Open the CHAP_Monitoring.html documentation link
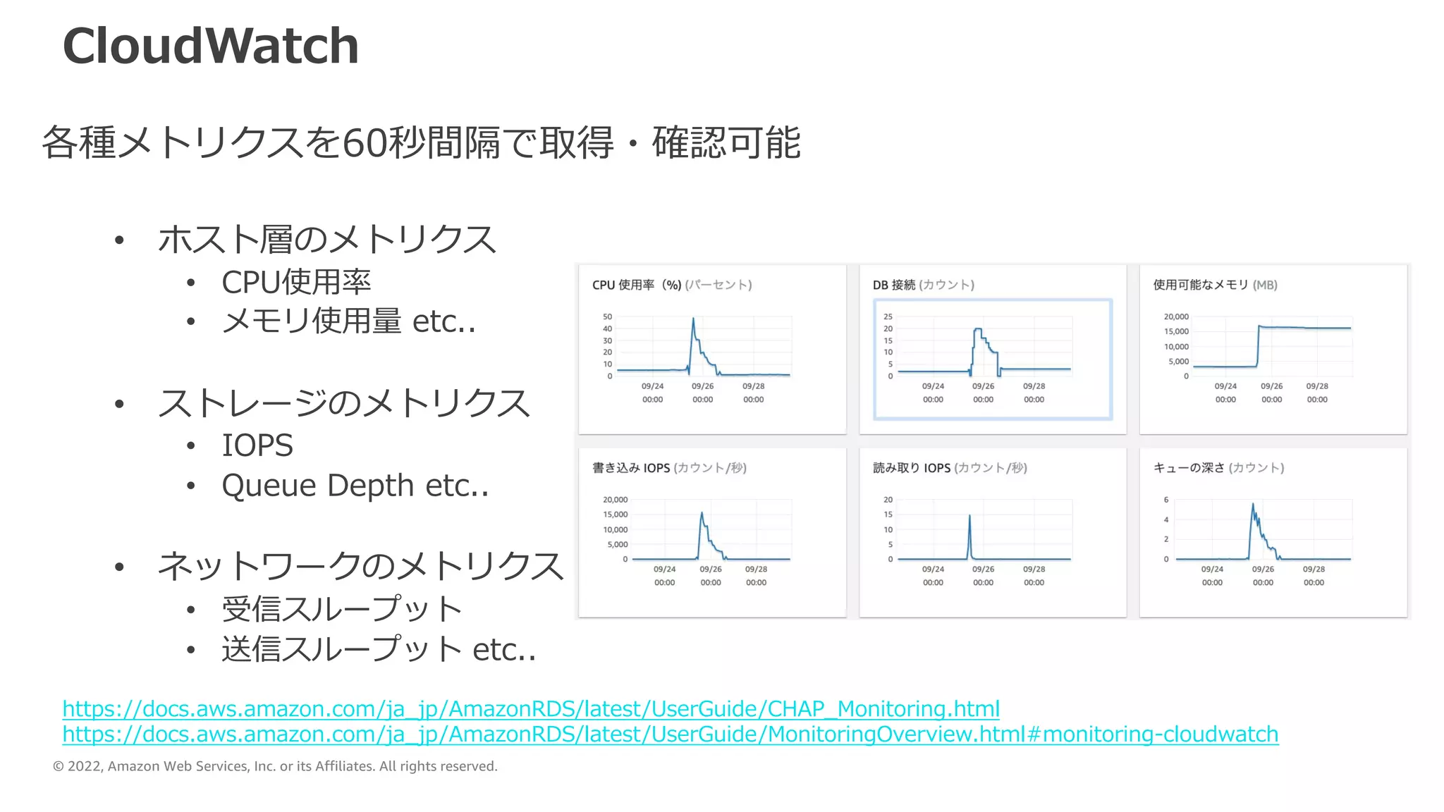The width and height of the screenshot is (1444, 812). [530, 708]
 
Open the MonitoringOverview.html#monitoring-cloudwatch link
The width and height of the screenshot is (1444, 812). [670, 734]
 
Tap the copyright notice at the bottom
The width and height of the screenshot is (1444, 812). [275, 766]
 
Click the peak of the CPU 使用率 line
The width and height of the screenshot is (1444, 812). [693, 319]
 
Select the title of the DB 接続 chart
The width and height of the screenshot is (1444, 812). [923, 285]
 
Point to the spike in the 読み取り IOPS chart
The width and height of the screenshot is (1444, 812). [969, 517]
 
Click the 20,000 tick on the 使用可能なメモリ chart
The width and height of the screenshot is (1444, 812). [1176, 316]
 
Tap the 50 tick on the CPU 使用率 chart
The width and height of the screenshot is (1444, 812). [607, 316]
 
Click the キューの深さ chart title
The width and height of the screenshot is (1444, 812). [1218, 467]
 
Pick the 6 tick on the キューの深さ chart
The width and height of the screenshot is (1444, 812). [1166, 500]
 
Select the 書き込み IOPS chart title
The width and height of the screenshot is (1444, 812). [669, 467]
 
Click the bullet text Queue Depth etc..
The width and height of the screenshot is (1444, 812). [355, 486]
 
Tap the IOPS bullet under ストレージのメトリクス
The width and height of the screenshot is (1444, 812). [257, 445]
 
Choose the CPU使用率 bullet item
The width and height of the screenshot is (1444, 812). [296, 282]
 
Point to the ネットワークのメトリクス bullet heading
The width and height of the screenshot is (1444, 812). [360, 566]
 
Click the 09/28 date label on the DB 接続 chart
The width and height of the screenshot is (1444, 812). [1034, 386]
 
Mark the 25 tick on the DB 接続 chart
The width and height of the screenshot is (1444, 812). [888, 316]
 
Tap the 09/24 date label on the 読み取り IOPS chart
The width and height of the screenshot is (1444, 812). [933, 569]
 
